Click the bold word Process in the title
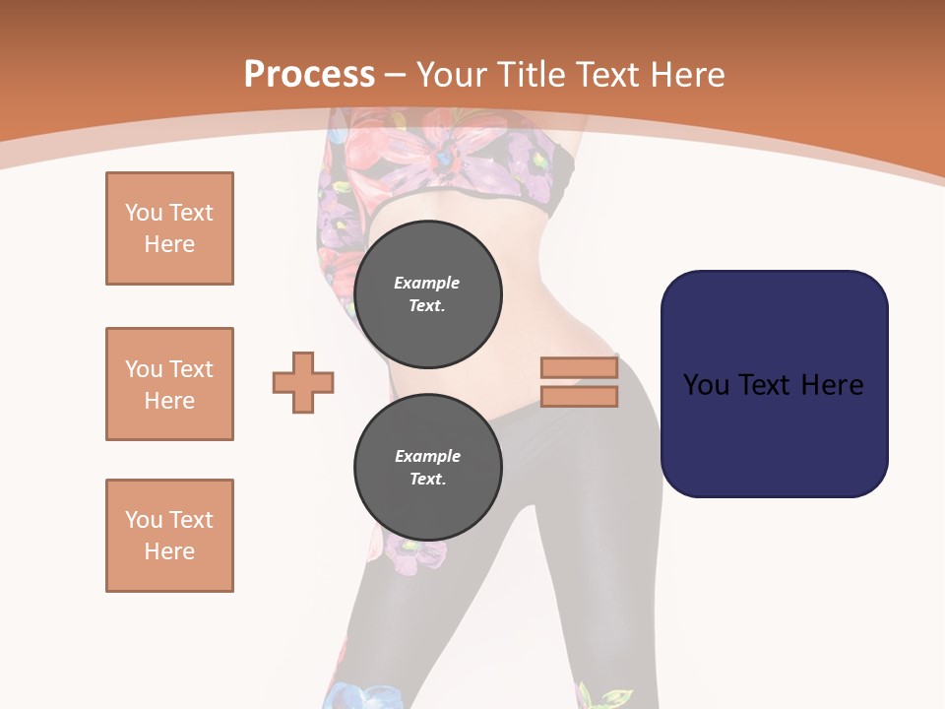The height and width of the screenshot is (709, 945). coord(309,74)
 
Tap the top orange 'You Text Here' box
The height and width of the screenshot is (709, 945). coord(169,228)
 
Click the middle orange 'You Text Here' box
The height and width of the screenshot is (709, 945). coord(169,384)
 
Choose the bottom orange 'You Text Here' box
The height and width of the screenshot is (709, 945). coord(169,536)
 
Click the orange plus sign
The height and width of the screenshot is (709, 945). coord(303,382)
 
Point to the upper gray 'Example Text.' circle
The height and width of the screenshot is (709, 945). coord(427,294)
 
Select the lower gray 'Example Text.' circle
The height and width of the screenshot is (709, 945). coord(427,468)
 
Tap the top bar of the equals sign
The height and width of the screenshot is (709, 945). coord(579,367)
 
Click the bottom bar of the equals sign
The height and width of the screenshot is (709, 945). coord(579,396)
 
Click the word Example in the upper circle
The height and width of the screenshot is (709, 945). coord(427,283)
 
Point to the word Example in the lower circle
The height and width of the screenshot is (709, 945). coord(427,456)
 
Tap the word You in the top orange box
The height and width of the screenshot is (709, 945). coord(143,213)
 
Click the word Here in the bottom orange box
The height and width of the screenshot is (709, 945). coord(169,551)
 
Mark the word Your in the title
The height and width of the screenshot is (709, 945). coord(451,74)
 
